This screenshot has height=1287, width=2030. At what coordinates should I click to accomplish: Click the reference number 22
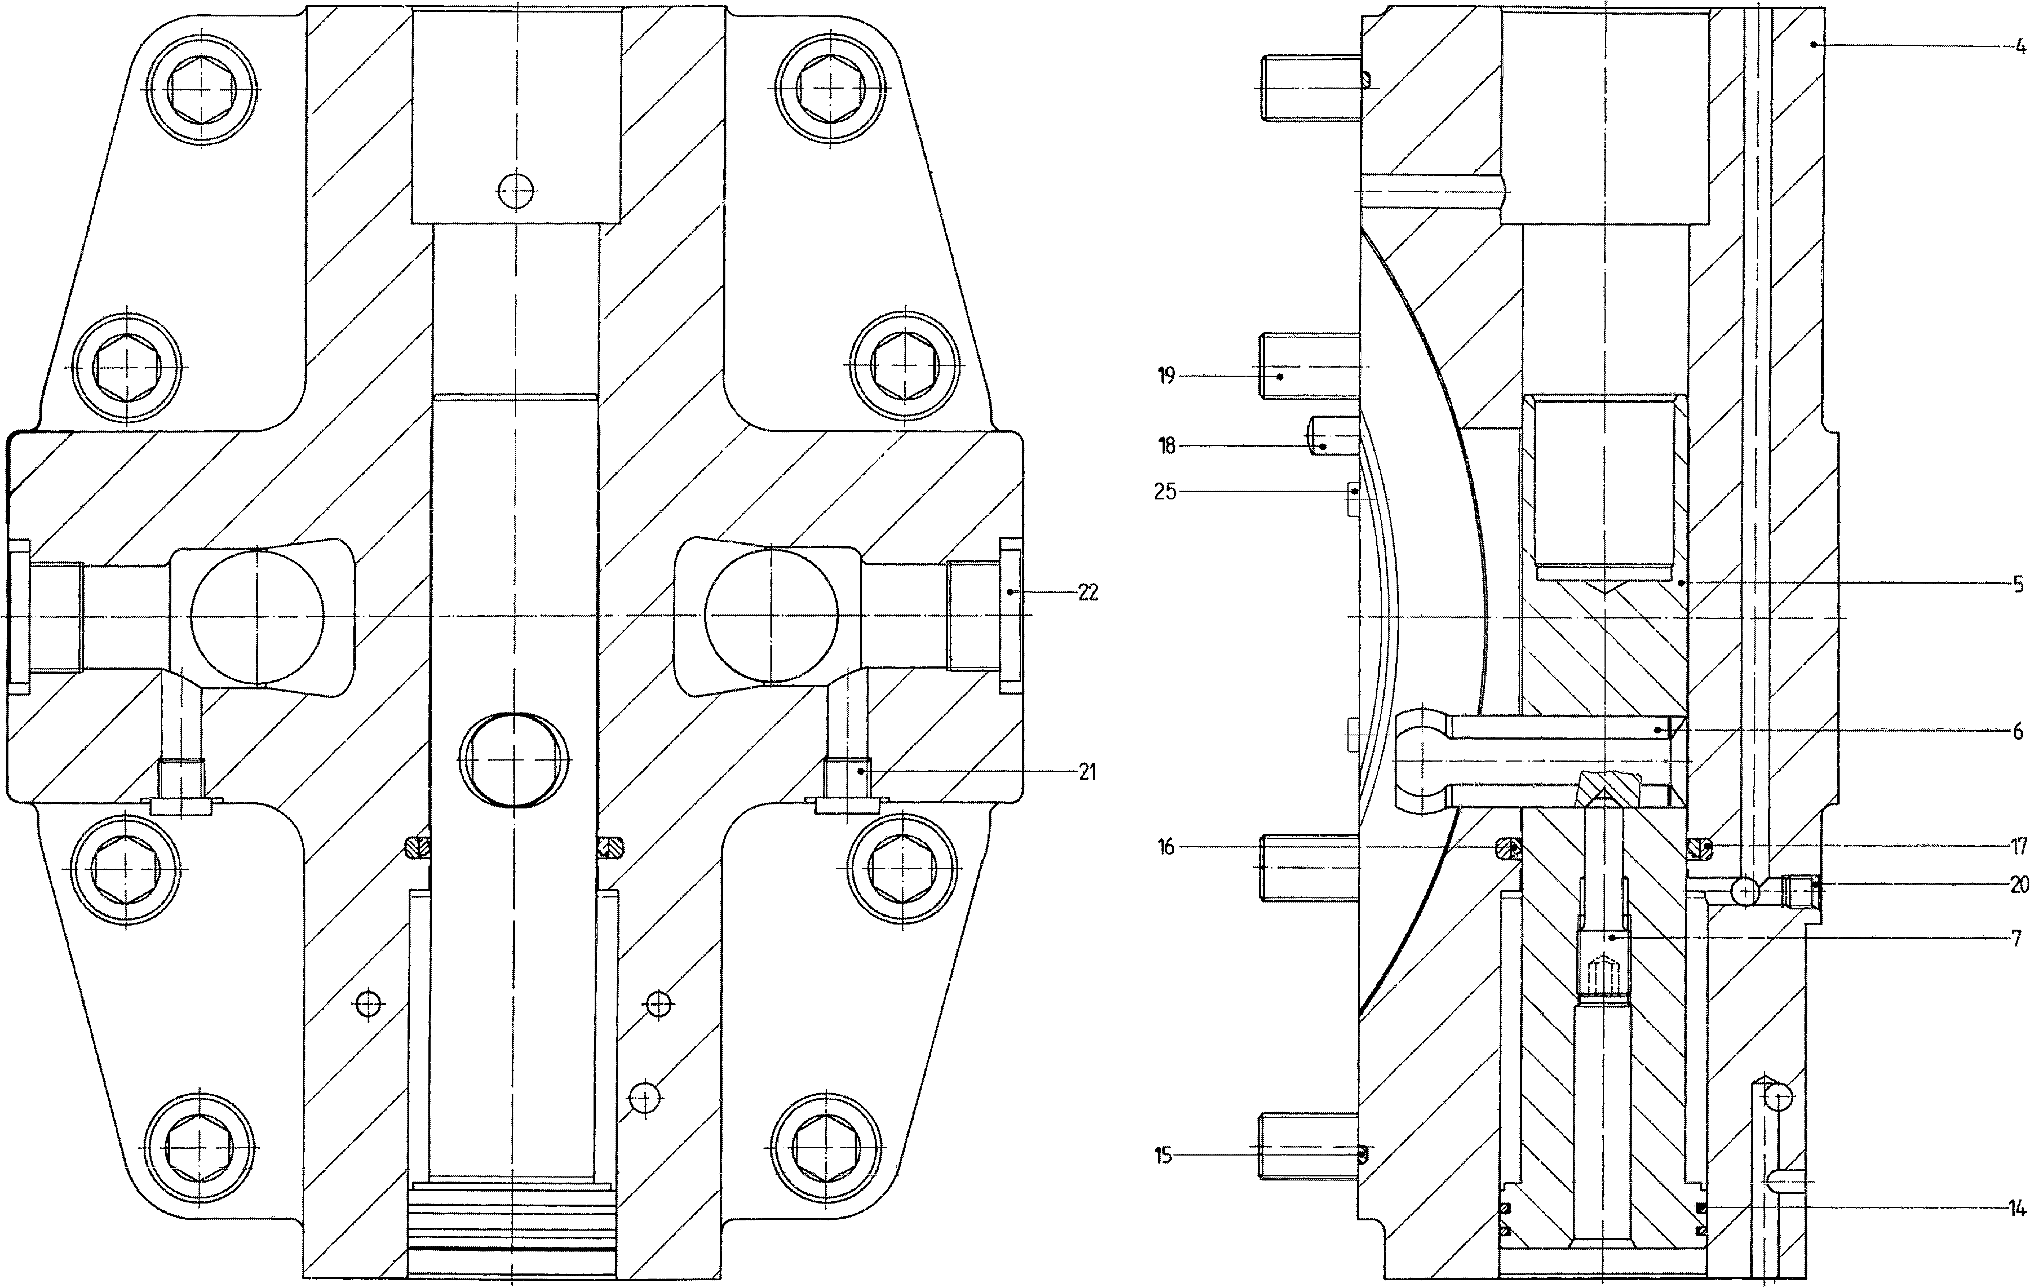1088,592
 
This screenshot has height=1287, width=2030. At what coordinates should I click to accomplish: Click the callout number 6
2018,732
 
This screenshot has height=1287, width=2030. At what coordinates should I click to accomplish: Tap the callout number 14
2016,1209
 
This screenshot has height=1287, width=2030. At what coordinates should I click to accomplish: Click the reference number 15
1163,1156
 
